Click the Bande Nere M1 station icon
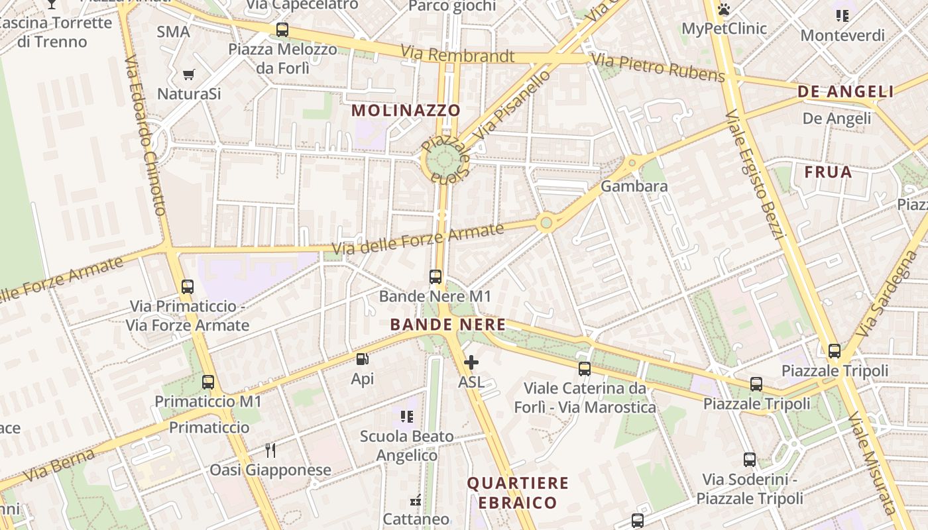click(x=435, y=277)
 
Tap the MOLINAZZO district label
click(x=406, y=110)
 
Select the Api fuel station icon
click(x=363, y=359)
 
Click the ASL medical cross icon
click(x=471, y=362)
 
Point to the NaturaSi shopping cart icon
click(x=189, y=74)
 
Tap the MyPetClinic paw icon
click(x=724, y=9)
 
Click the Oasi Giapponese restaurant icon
click(x=270, y=450)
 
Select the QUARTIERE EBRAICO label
click(x=518, y=492)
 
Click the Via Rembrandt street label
click(x=457, y=55)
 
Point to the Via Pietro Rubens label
click(x=658, y=68)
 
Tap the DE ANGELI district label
click(x=846, y=92)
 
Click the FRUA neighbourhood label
click(x=828, y=172)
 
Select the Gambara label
click(x=634, y=186)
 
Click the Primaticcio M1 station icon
click(x=208, y=382)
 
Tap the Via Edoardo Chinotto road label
click(x=145, y=136)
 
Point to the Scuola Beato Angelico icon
click(x=407, y=417)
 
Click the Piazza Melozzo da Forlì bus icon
click(x=282, y=29)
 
